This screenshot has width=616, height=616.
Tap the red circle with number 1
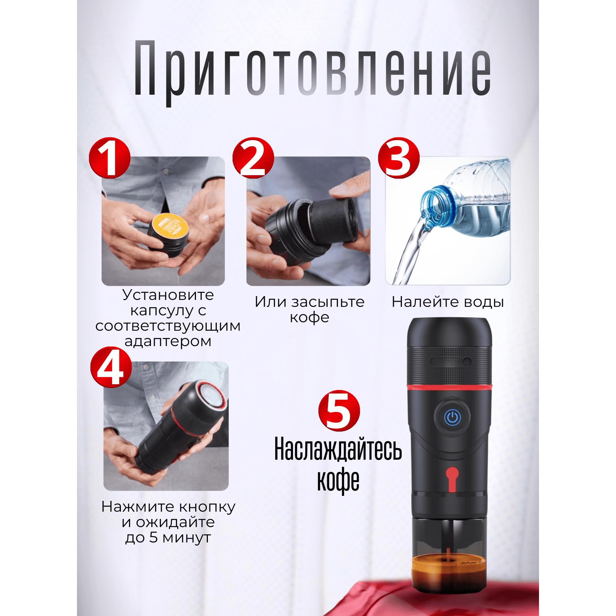(110, 158)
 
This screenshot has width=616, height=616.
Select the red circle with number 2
(253, 158)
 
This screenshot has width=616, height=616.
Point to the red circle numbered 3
(399, 158)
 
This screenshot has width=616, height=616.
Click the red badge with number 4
(111, 367)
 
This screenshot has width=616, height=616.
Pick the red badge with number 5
(339, 411)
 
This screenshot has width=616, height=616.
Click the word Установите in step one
(168, 295)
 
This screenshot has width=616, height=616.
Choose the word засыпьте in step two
(328, 302)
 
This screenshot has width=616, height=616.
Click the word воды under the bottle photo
(484, 302)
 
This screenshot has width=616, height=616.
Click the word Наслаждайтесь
(338, 449)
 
